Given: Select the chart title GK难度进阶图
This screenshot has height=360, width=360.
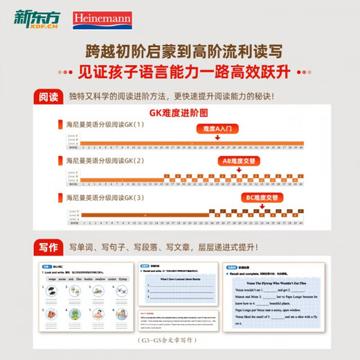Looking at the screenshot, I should coord(179,114).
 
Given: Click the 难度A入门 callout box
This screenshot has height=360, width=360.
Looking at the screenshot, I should coord(217,128).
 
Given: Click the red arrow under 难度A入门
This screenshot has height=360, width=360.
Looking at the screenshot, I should coord(217,138).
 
